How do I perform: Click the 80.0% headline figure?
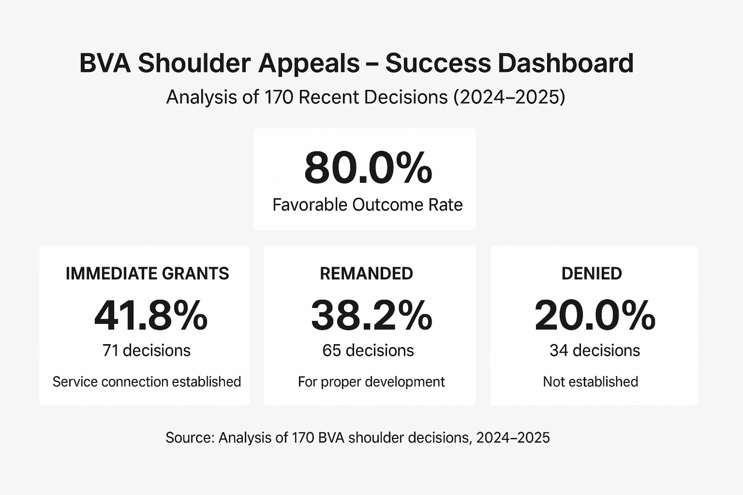point(368,168)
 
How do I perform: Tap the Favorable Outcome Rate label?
point(367,205)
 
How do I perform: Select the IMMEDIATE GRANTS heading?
point(147,274)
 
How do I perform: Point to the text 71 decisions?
point(146,350)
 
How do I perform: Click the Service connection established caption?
point(147,382)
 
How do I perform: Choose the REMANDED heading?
point(366,274)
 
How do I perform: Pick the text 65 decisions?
point(368,350)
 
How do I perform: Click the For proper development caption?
point(371,382)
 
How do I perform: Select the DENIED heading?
point(592,274)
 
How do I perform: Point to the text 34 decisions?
point(594,350)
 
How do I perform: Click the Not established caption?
point(590,382)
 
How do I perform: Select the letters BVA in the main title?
point(105,63)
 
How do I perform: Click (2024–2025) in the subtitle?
point(509,97)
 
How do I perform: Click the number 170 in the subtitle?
point(279,97)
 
